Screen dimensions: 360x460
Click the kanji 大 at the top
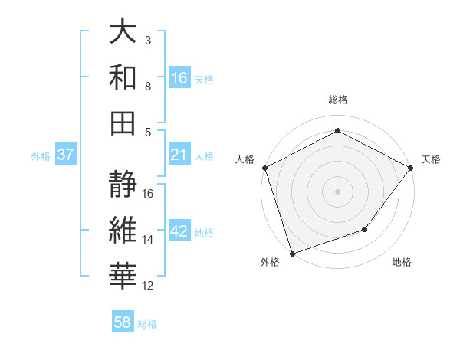point(123,32)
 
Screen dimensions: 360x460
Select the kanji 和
point(123,78)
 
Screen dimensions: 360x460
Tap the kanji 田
point(123,123)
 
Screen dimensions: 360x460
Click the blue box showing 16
point(179,77)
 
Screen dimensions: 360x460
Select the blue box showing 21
point(179,155)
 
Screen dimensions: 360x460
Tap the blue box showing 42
point(179,232)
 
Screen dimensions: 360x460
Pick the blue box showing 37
point(66,155)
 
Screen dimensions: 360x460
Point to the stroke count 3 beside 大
point(148,40)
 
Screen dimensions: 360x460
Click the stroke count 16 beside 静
point(149,194)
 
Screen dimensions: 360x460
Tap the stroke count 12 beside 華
point(149,286)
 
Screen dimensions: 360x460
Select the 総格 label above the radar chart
point(337,100)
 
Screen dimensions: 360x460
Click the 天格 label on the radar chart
point(431,159)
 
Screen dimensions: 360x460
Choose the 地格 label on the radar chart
point(402,263)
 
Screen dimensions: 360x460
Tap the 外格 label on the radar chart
point(270,263)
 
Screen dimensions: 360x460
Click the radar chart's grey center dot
point(337,191)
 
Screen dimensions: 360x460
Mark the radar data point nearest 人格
point(264,167)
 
